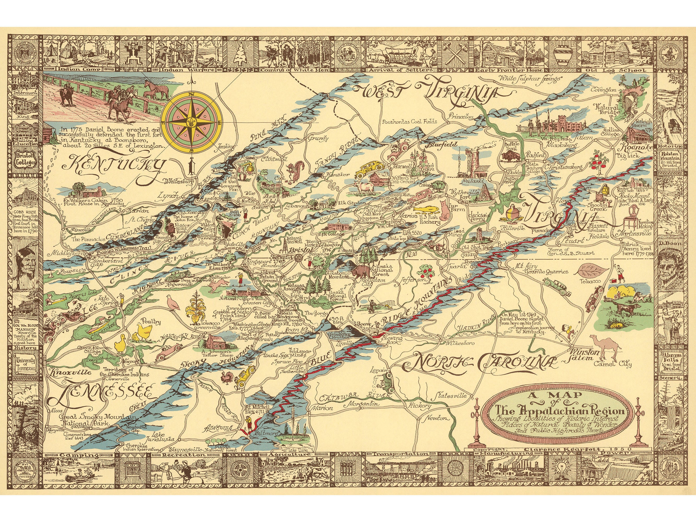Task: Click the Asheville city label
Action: coord(220,428)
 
